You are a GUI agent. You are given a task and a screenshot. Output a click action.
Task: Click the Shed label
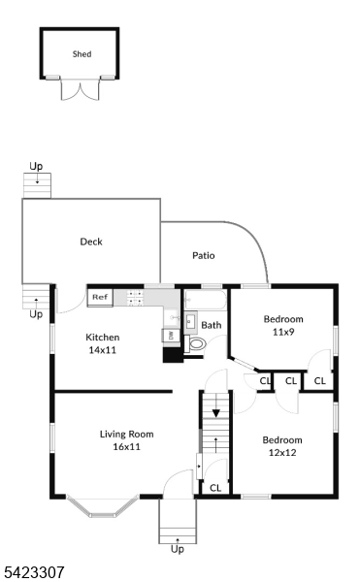coord(82,54)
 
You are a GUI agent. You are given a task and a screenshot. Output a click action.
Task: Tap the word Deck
coord(91,242)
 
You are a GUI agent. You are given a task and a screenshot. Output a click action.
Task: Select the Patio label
coord(204,255)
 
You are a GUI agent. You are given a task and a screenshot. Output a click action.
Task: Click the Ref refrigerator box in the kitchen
coord(100,298)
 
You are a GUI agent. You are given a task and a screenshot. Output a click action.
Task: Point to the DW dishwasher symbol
coord(171,336)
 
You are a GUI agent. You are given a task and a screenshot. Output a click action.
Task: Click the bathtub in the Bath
coord(206,300)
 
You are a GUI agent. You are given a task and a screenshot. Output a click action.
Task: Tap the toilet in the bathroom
coord(195,343)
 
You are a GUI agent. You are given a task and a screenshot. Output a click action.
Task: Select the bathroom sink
coord(191,321)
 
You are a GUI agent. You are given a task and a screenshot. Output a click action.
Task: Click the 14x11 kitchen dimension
coord(103,350)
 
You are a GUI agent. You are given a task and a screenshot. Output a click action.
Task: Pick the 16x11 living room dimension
coord(126,446)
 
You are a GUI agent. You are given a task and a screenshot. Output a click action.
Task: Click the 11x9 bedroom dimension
coord(283,332)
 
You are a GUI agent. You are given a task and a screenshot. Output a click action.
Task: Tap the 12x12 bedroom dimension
coord(282,452)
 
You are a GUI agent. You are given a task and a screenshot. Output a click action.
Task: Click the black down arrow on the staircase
coord(216,413)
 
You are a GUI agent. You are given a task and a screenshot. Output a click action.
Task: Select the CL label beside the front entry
coord(215,488)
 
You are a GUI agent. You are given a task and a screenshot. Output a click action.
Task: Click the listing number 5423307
coord(34,572)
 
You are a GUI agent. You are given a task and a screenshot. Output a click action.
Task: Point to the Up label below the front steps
coord(178,549)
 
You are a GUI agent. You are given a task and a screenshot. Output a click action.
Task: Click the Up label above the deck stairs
coord(36,166)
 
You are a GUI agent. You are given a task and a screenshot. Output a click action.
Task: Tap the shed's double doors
coord(81,89)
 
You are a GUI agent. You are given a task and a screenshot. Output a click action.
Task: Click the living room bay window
coord(103,506)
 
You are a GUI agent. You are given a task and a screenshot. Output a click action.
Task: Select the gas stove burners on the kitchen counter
coord(135,298)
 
